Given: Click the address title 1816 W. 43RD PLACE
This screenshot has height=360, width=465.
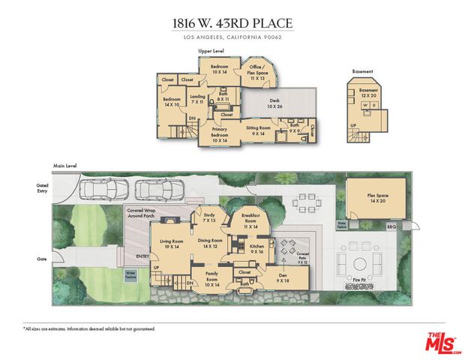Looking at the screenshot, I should tap(232, 22).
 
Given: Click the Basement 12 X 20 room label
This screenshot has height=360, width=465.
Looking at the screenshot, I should tap(368, 93).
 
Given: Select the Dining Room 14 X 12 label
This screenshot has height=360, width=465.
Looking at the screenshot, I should tap(212, 243).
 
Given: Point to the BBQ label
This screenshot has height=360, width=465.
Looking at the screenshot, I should tap(390, 226).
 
